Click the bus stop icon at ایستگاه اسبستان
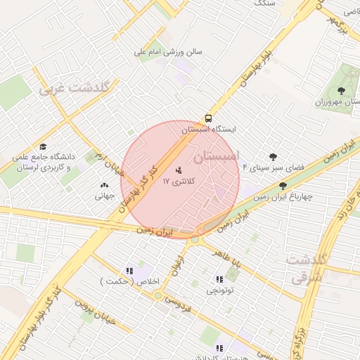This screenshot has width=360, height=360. pos(208,118)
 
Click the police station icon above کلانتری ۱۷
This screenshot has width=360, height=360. pos(178,169)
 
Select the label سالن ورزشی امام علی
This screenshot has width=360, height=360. pos(169,51)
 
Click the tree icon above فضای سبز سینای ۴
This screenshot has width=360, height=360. pos(273,156)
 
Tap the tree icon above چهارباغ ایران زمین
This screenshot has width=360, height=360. pos(283,186)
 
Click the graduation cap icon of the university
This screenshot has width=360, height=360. pos(43,146)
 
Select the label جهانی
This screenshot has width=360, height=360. pos(105,196)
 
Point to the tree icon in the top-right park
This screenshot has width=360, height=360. pos(341,90)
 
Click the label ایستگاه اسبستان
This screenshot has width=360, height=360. pos(209,130)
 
